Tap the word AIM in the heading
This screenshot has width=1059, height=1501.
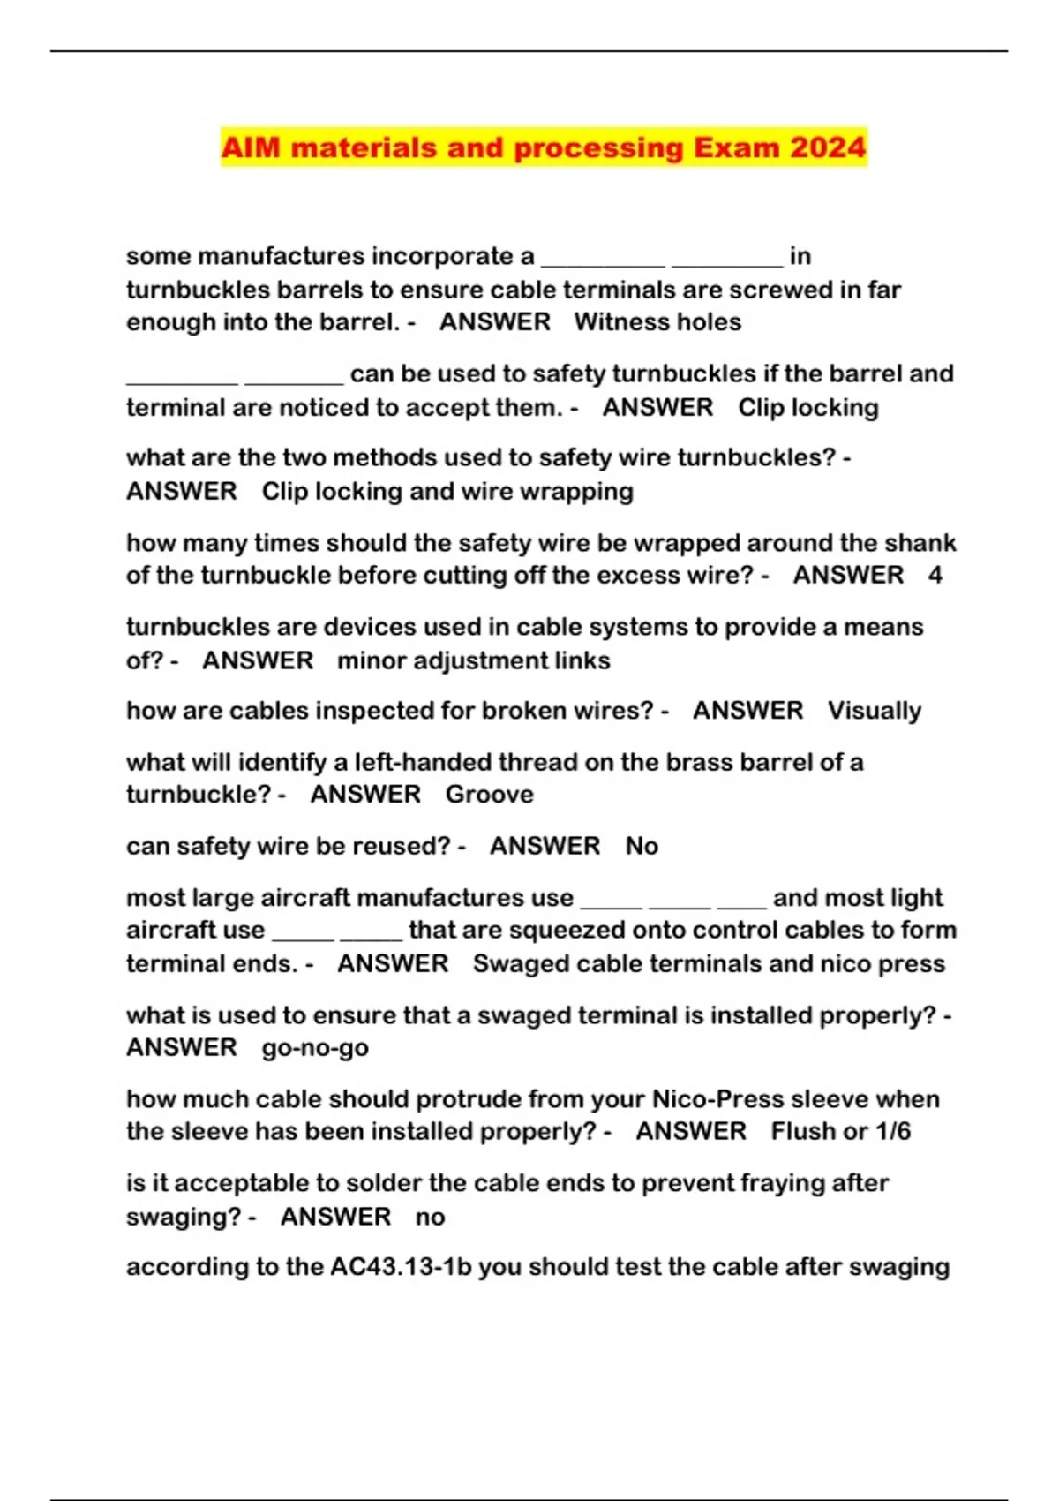tap(250, 147)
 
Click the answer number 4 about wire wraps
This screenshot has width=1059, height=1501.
tap(935, 576)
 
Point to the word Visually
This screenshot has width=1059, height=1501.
tap(874, 711)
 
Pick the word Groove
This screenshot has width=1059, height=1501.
tap(489, 795)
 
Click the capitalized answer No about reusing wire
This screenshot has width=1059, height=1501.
tap(642, 847)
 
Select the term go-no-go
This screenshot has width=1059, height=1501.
tap(315, 1048)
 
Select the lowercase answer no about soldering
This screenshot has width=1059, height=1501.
tap(430, 1217)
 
